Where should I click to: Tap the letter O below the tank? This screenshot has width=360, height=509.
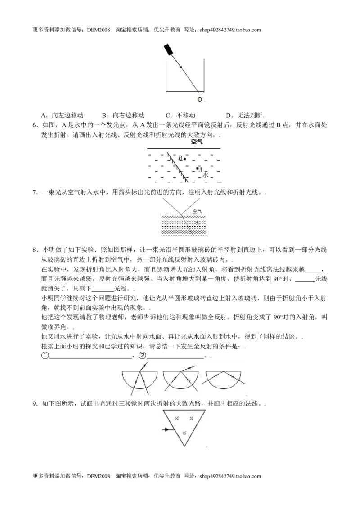point(200,99)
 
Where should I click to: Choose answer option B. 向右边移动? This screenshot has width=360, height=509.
point(123,115)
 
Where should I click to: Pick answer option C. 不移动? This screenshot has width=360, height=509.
point(180,115)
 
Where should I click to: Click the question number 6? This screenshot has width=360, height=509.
point(35,125)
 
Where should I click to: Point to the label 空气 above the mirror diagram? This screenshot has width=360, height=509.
point(197,142)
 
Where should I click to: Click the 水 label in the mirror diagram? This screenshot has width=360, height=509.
point(205,174)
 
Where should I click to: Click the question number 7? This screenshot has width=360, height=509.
point(35,192)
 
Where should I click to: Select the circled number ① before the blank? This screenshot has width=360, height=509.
point(45,356)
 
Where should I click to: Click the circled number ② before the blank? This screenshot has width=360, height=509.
point(142,356)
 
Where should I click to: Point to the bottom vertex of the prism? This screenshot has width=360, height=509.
point(184,446)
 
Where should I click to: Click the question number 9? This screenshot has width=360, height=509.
point(35,404)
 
